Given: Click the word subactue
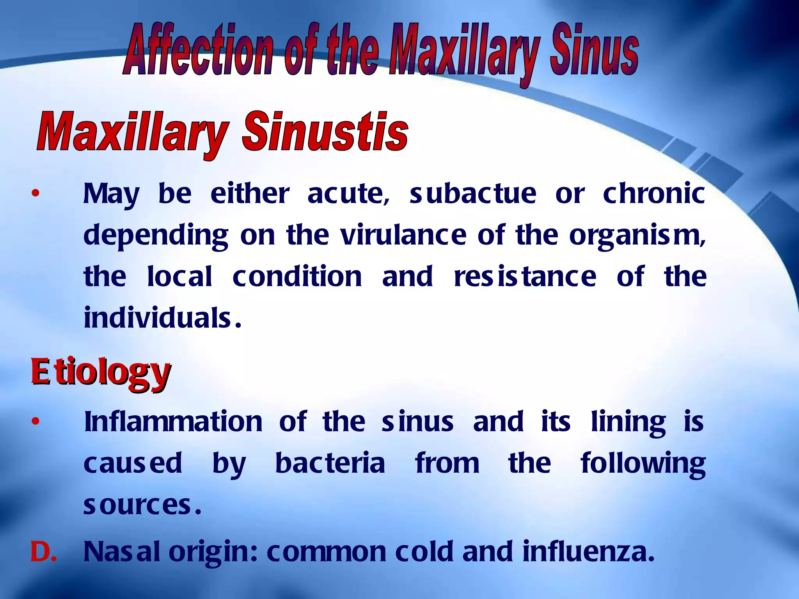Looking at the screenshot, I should point(472,194).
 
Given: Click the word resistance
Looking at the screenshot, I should point(525,277).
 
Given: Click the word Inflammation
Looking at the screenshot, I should point(173,422).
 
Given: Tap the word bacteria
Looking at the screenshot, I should point(330,464).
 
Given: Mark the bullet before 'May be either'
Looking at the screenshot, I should point(36,194).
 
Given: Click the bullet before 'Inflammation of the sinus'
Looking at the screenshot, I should point(36,422).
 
